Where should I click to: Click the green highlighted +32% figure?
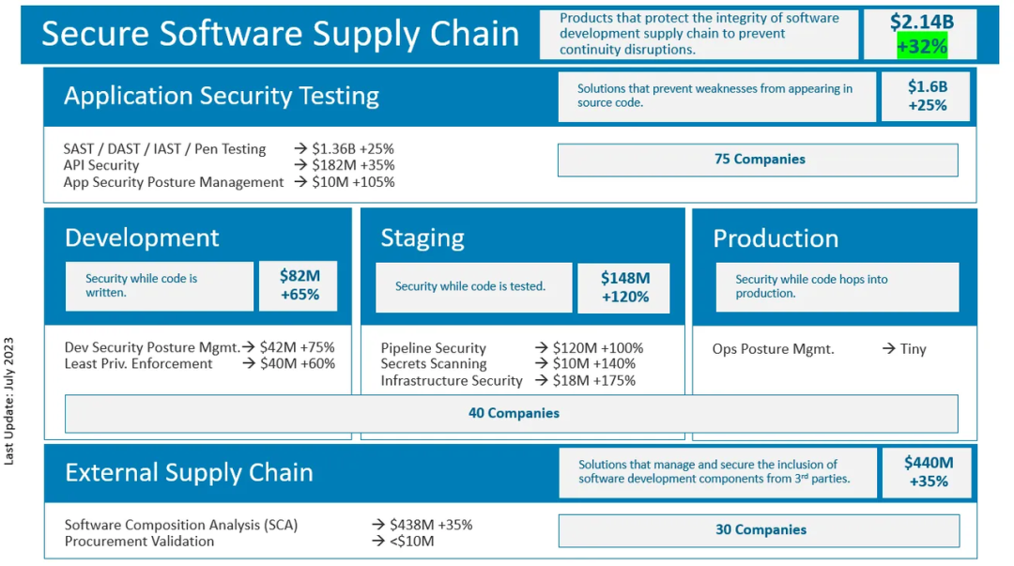(x=922, y=47)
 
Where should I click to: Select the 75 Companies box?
(x=758, y=160)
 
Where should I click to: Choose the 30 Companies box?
(x=760, y=530)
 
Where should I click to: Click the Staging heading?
(x=422, y=238)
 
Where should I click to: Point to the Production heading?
(x=776, y=238)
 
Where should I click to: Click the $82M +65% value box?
(x=299, y=286)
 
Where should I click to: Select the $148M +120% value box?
(x=624, y=288)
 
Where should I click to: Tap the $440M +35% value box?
(x=928, y=472)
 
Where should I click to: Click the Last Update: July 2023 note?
(x=9, y=401)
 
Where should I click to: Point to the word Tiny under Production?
(x=914, y=349)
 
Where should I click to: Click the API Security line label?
(x=100, y=165)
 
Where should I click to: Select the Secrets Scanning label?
(x=433, y=364)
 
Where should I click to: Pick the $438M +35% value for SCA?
(x=431, y=525)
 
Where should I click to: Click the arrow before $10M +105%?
(x=300, y=182)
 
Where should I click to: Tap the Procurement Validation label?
(x=139, y=542)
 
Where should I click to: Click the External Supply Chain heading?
(x=189, y=473)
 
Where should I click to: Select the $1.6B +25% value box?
(x=926, y=97)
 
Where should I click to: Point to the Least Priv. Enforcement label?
(x=138, y=364)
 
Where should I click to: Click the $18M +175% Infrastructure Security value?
(x=593, y=381)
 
